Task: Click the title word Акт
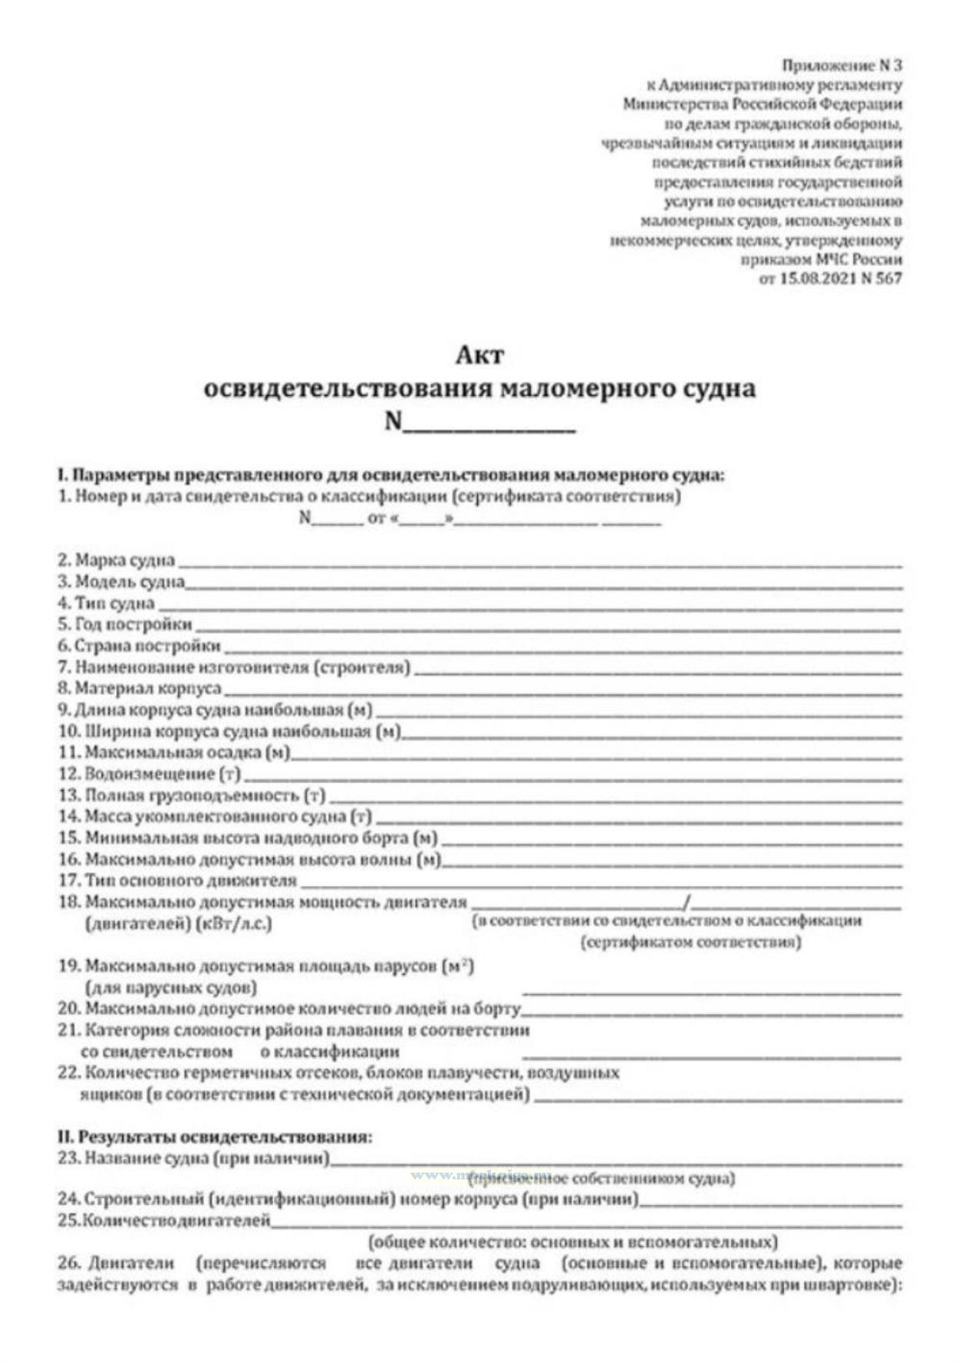479,355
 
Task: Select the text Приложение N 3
841,65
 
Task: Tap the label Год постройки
125,624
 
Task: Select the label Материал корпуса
139,688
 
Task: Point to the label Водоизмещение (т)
149,773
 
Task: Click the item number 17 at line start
68,880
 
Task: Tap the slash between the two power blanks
686,902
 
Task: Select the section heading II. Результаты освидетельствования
214,1136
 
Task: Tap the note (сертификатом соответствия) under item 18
690,942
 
